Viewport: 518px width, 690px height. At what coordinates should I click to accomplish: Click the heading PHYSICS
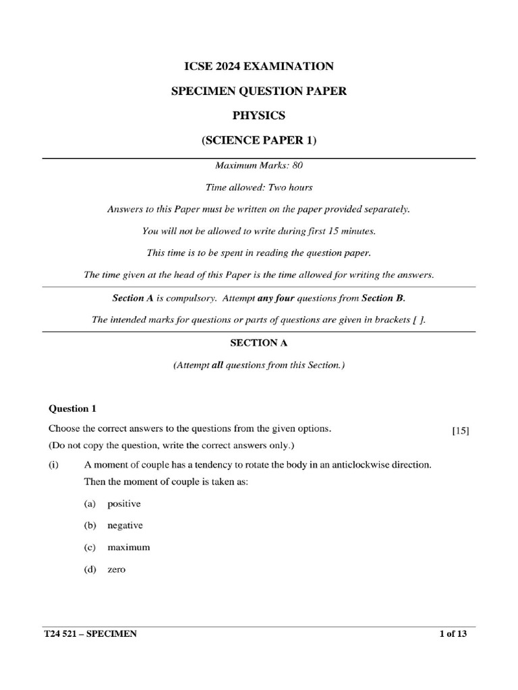point(258,115)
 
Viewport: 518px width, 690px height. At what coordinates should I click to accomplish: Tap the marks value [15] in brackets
point(461,432)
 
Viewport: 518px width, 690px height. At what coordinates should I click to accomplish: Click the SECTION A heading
point(259,342)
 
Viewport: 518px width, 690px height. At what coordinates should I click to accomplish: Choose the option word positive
point(124,503)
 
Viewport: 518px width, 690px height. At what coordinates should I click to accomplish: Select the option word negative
point(125,525)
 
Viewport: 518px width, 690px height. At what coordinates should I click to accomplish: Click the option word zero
point(116,569)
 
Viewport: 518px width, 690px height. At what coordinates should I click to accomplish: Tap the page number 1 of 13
point(453,634)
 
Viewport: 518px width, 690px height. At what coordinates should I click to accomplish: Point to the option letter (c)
point(90,547)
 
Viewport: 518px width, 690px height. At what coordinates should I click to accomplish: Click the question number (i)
point(54,465)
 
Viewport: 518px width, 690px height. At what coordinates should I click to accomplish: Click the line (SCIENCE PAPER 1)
point(259,140)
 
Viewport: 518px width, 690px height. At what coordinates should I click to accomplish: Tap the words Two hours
point(293,187)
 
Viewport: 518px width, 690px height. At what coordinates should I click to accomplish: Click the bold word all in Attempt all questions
point(217,365)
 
